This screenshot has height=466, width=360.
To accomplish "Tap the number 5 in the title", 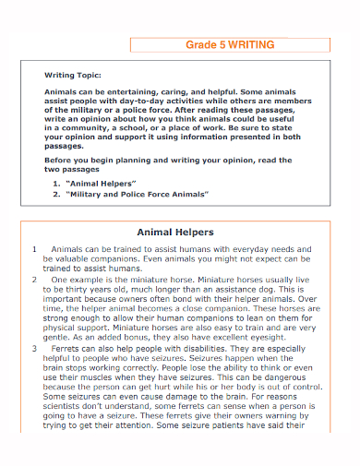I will click(x=221, y=43).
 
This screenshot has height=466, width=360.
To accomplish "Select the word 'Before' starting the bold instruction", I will click(x=59, y=159).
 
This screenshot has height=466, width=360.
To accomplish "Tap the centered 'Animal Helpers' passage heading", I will click(x=175, y=233).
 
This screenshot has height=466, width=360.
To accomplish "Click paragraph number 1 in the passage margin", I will click(x=34, y=249).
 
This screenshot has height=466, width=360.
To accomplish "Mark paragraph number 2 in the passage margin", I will click(x=34, y=277).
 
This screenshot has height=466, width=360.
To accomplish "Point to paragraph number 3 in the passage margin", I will click(x=34, y=350).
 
